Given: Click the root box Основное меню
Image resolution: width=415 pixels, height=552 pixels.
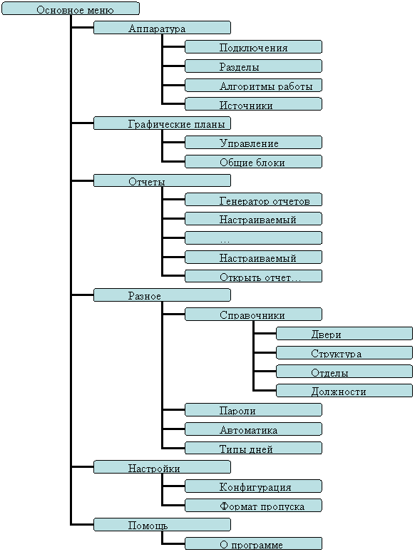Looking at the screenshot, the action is (71, 9).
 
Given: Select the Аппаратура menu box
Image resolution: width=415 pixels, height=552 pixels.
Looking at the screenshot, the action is (162, 28).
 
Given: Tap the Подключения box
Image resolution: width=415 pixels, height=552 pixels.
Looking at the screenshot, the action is (253, 47).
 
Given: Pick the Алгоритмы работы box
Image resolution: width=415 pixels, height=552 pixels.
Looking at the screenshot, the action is (253, 85).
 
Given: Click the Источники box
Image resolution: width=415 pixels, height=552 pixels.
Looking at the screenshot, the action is (253, 104).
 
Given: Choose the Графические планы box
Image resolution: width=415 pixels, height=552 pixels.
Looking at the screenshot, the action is (162, 123).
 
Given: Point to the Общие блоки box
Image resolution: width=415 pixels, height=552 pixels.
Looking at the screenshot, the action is (253, 162).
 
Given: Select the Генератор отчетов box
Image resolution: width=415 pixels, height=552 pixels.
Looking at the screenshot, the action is (253, 200).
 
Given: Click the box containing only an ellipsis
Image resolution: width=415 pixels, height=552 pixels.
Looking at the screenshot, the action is (253, 238).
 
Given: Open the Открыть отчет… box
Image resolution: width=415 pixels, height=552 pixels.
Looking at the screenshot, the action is (253, 276).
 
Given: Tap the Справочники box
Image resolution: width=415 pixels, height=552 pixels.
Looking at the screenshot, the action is (253, 315).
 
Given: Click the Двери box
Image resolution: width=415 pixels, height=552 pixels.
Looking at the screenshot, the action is (344, 333).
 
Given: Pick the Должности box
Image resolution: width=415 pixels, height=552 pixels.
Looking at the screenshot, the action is (344, 391).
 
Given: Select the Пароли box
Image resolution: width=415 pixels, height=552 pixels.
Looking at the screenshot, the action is (253, 410).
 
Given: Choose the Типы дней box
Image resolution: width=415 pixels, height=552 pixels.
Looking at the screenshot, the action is (253, 448).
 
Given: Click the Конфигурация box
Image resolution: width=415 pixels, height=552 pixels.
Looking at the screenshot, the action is (253, 486).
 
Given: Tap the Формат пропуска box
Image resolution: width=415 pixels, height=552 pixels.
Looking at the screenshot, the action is (253, 506).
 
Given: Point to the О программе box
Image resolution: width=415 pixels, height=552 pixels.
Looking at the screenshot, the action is (253, 543).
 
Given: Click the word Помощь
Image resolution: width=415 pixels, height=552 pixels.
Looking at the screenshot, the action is (148, 526).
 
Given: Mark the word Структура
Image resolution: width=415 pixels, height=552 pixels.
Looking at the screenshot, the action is (336, 354).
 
